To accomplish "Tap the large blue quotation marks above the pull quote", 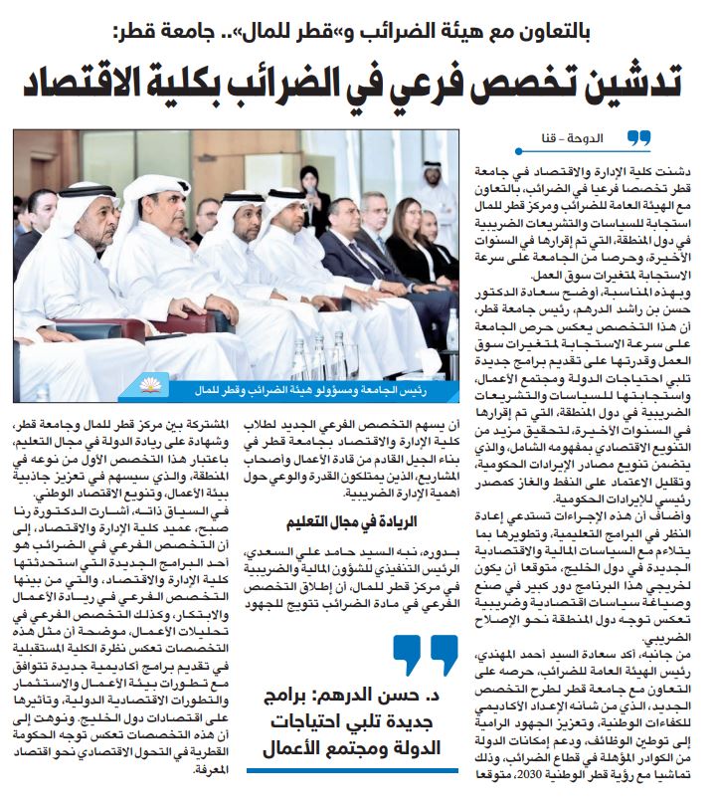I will click(x=424, y=655).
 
